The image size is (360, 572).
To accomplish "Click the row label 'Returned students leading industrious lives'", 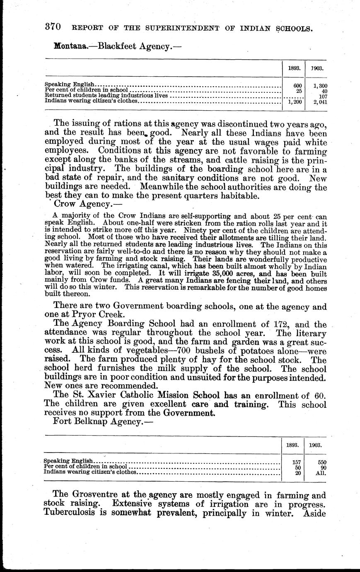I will click(106, 95).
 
